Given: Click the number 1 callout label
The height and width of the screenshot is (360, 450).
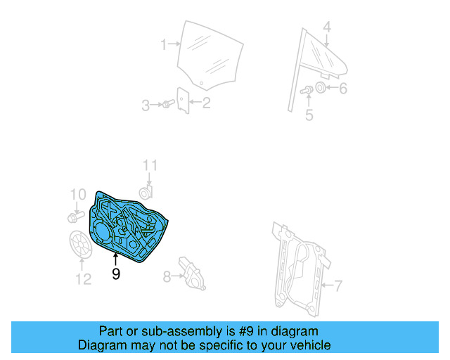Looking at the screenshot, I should tap(163, 44).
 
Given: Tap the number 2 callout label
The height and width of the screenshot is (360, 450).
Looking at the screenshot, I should tap(207, 105).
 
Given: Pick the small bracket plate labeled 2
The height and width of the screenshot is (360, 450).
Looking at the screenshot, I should tap(183, 100).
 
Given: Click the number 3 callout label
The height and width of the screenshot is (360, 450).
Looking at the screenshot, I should tap(146, 105).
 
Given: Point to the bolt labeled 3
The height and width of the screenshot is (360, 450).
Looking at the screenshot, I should tap(167, 105).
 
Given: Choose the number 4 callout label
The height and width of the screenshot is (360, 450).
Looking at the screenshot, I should tap(327, 27).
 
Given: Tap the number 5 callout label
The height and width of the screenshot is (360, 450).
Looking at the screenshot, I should tap(309, 115).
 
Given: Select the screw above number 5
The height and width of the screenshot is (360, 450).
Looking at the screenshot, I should tap(308, 90).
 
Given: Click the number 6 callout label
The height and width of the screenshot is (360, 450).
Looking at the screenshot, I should tap(343, 89).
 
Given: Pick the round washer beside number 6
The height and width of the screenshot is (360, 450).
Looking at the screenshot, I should tap(320, 88).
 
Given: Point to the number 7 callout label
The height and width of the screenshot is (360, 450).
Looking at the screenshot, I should tap(338, 285).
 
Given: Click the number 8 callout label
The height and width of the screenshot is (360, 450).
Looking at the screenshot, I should tap(167, 277).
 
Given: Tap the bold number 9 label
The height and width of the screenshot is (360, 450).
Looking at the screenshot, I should tap(116, 274).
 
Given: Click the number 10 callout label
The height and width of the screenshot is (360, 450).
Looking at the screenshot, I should tap(77, 193).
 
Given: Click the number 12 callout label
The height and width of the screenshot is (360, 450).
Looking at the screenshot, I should tap(83, 279).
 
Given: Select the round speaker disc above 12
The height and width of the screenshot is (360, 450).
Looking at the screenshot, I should tap(82, 244).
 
